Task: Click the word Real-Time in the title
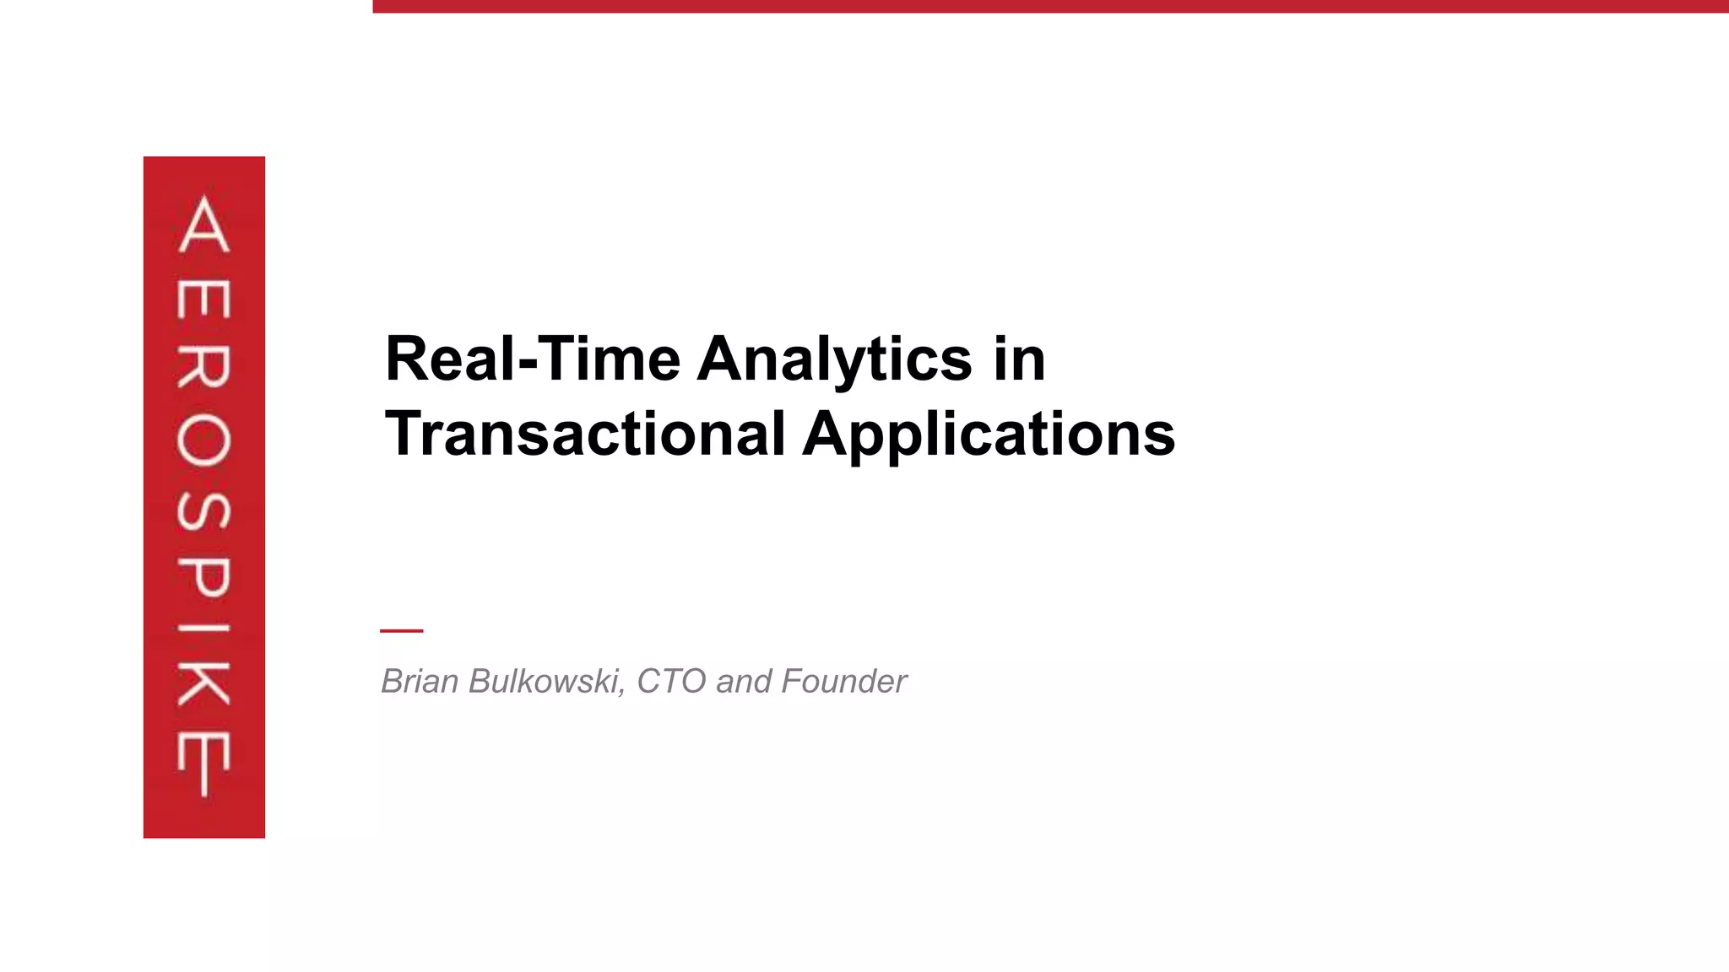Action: tap(533, 359)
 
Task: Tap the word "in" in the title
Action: tap(1019, 359)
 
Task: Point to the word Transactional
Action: tap(585, 435)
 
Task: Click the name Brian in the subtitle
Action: tap(420, 681)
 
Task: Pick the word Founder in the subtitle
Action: tap(843, 681)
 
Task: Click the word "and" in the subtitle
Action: tap(744, 681)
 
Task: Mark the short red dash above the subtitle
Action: tap(401, 630)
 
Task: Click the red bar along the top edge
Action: tap(1050, 6)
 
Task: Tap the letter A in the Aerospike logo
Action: tap(204, 224)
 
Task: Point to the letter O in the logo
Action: tap(203, 440)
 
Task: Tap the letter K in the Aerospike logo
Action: tap(203, 683)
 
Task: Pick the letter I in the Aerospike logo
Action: tap(203, 629)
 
